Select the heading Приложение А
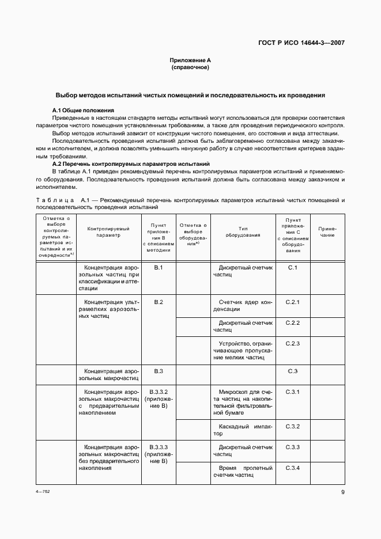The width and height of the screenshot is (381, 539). tap(190, 60)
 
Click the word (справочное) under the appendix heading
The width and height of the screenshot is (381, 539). tap(190, 67)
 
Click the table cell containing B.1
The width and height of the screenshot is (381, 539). tap(159, 268)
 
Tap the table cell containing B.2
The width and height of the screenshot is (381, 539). tap(159, 302)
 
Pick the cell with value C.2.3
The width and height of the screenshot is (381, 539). tap(293, 344)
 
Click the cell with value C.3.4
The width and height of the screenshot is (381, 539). tap(293, 467)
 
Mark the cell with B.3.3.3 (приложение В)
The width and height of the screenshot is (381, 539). tap(159, 454)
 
